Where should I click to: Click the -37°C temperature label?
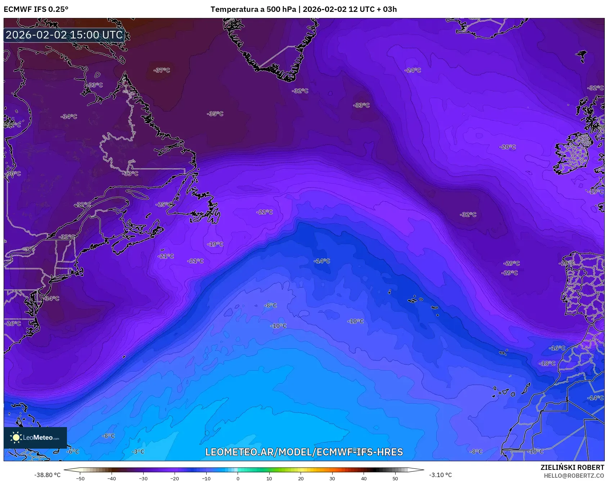[x=162, y=70]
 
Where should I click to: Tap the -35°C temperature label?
[x=215, y=114]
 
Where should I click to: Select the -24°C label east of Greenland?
[x=413, y=70]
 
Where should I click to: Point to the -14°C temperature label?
[x=322, y=261]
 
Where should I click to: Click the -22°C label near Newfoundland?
[x=265, y=212]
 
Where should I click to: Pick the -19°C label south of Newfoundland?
[x=215, y=244]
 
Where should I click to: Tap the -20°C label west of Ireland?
[x=508, y=147]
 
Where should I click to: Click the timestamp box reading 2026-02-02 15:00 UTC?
[x=64, y=35]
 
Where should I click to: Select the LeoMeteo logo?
[x=35, y=438]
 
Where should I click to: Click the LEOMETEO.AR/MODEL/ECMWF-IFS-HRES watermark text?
[x=304, y=452]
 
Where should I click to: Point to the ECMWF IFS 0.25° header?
[x=36, y=9]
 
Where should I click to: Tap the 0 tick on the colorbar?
[x=238, y=478]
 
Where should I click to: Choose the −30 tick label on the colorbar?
[x=143, y=478]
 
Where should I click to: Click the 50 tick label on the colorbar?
[x=395, y=478]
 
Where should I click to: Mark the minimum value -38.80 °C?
[x=47, y=475]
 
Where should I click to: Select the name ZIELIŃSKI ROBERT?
[x=572, y=467]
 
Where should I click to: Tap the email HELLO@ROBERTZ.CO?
[x=574, y=476]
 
